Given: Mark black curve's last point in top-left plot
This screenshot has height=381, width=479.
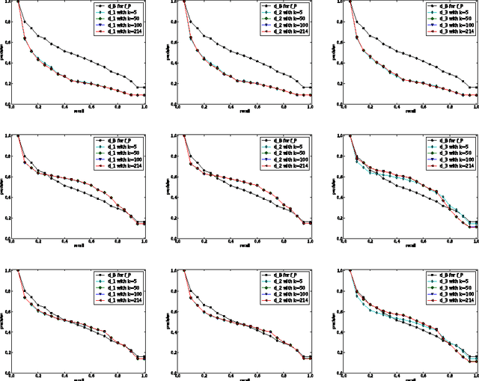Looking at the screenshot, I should [144, 88].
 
